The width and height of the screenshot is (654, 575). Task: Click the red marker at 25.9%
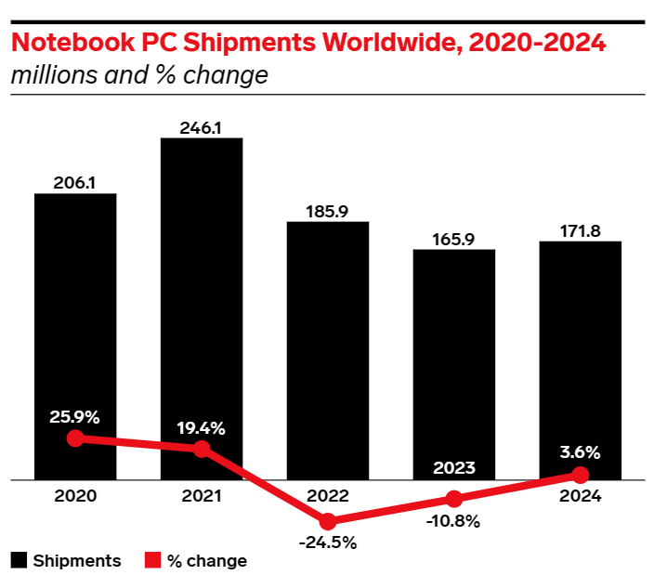coord(76,438)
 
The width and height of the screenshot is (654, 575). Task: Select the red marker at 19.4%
coord(202,450)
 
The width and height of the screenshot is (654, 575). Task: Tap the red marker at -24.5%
coord(328,522)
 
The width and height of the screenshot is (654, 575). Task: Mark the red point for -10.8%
coord(454,500)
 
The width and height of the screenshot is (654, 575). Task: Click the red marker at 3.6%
coord(581,475)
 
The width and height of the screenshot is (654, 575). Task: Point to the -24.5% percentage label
coord(328,543)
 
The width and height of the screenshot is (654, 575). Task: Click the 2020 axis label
coord(75,497)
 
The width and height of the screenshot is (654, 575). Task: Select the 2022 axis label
coord(328,497)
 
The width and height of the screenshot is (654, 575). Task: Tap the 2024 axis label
coord(581,497)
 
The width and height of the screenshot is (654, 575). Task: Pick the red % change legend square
coord(154,560)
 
